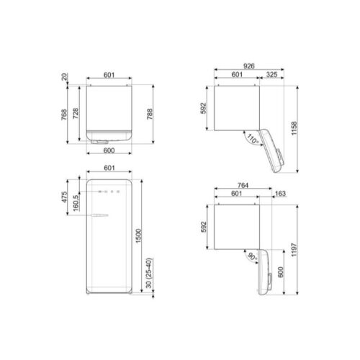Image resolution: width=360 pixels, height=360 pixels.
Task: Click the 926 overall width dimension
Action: [x=248, y=66]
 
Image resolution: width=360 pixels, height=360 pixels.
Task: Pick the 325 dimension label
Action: [x=273, y=75]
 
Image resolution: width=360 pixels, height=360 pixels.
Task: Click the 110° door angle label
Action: [x=252, y=138]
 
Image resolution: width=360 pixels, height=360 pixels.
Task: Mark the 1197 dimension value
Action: [x=295, y=248]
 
